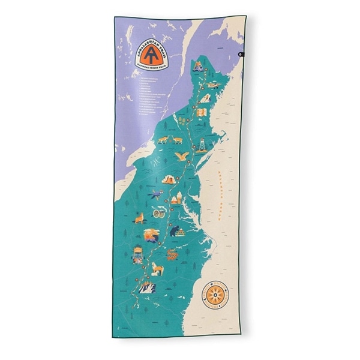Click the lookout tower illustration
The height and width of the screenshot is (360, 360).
coord(202,145)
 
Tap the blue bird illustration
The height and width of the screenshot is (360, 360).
coord(158,194)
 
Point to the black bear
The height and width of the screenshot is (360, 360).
coord(174,229)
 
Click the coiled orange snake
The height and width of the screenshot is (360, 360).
coord(172,255)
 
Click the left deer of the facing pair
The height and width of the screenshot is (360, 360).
coord(162,140)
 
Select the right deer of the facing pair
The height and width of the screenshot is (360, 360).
coord(177,140)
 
